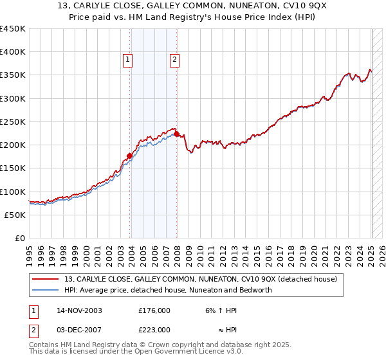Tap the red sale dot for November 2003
(130, 156)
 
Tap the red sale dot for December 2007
(177, 134)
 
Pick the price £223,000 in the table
(154, 330)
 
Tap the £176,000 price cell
(154, 310)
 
